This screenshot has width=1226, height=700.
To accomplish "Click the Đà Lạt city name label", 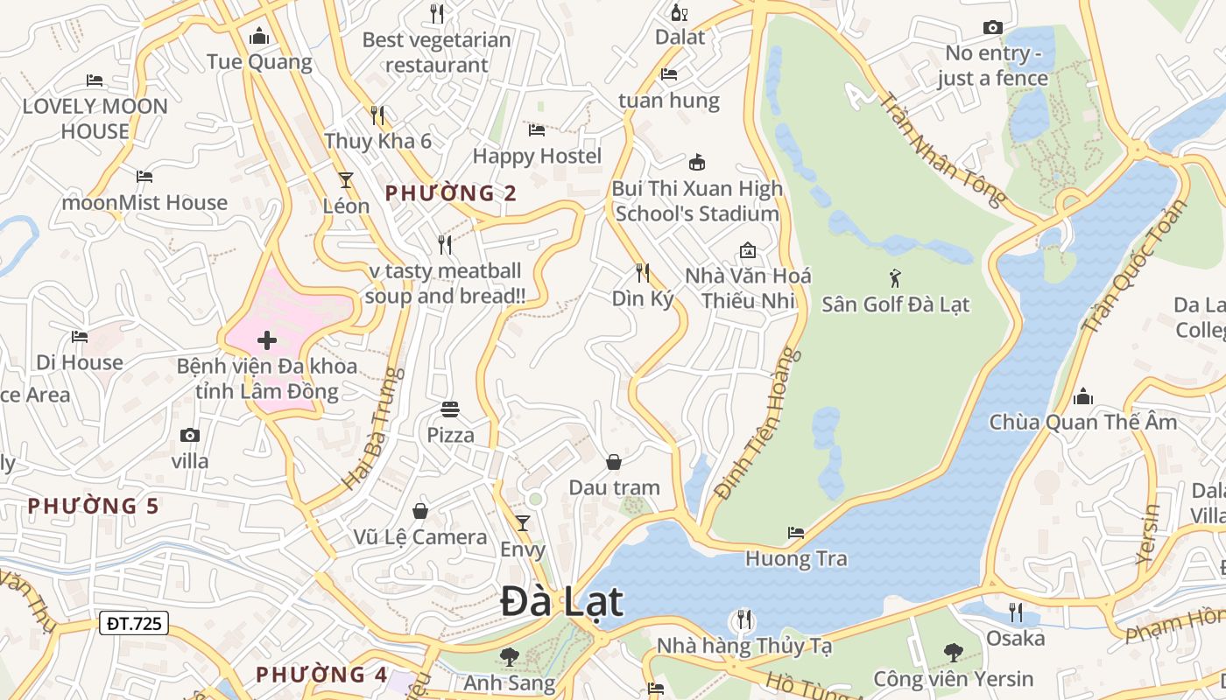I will pyautogui.click(x=562, y=602).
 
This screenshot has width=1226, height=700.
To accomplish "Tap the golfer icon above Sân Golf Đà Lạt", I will pyautogui.click(x=895, y=278).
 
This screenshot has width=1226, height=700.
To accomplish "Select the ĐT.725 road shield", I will pyautogui.click(x=135, y=623).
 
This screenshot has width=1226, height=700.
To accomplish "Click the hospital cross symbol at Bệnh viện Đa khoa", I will pyautogui.click(x=267, y=340).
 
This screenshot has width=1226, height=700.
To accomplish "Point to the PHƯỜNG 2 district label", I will pyautogui.click(x=451, y=193).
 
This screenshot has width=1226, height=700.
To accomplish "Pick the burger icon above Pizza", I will pyautogui.click(x=450, y=409).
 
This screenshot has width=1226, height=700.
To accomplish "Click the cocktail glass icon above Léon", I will pyautogui.click(x=346, y=180).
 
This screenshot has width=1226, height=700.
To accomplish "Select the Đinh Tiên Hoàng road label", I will pyautogui.click(x=758, y=423).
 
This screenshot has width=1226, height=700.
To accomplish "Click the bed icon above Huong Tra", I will pyautogui.click(x=795, y=532).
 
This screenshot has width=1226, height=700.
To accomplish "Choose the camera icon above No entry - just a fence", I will pyautogui.click(x=992, y=28).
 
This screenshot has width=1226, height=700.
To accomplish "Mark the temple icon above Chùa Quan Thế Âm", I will pyautogui.click(x=1083, y=396).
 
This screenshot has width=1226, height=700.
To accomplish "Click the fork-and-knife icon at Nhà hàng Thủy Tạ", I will pyautogui.click(x=744, y=619).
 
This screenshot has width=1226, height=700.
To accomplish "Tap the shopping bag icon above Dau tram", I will pyautogui.click(x=614, y=461).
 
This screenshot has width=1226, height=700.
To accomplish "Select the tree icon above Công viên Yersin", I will pyautogui.click(x=953, y=652).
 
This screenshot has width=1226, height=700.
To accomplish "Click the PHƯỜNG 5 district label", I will pyautogui.click(x=93, y=506).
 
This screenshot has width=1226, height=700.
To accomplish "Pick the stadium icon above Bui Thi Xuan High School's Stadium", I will pyautogui.click(x=697, y=162).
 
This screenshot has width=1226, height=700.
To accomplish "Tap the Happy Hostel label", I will pyautogui.click(x=537, y=156).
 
